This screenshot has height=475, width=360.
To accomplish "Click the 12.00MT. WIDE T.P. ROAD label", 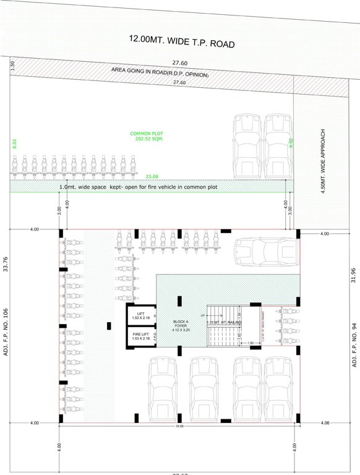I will click(182, 41).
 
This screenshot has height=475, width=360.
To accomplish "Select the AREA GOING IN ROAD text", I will click(160, 72).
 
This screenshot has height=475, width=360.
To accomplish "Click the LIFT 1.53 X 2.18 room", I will click(140, 316).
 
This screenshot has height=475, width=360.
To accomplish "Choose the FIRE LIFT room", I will click(140, 336).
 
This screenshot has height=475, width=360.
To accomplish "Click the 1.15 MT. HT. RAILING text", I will click(225, 322).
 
